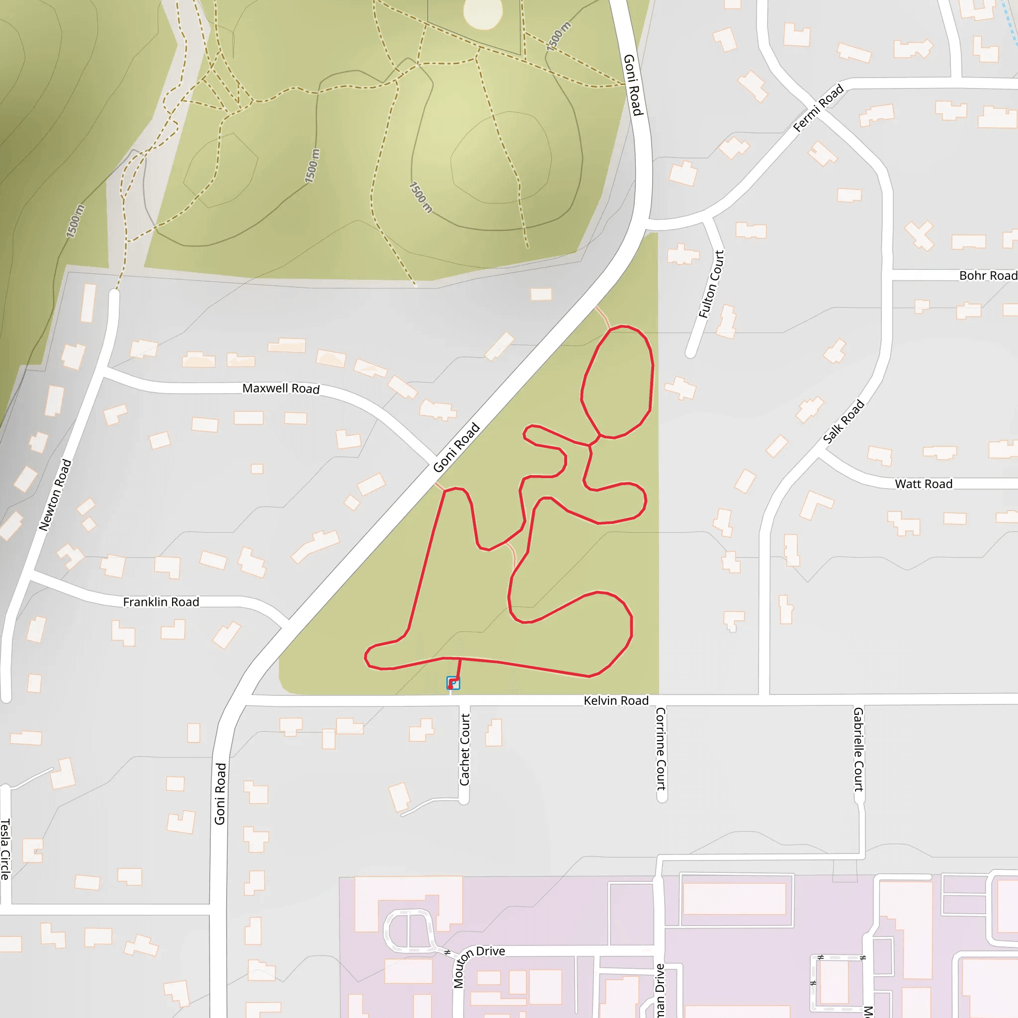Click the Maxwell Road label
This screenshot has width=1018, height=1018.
(281, 388)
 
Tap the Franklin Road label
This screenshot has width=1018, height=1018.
(161, 602)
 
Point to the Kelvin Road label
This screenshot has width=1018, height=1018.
(615, 700)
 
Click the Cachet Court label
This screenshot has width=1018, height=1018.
(464, 749)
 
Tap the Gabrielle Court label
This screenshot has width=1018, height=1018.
(858, 749)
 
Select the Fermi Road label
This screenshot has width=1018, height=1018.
(818, 107)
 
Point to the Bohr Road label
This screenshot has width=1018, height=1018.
(988, 275)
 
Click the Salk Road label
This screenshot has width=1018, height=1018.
(843, 421)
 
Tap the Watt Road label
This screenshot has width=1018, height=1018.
(923, 484)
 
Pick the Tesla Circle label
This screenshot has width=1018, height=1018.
(5, 849)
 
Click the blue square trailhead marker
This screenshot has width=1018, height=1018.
(453, 683)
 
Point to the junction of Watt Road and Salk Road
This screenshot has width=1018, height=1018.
(818, 455)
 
